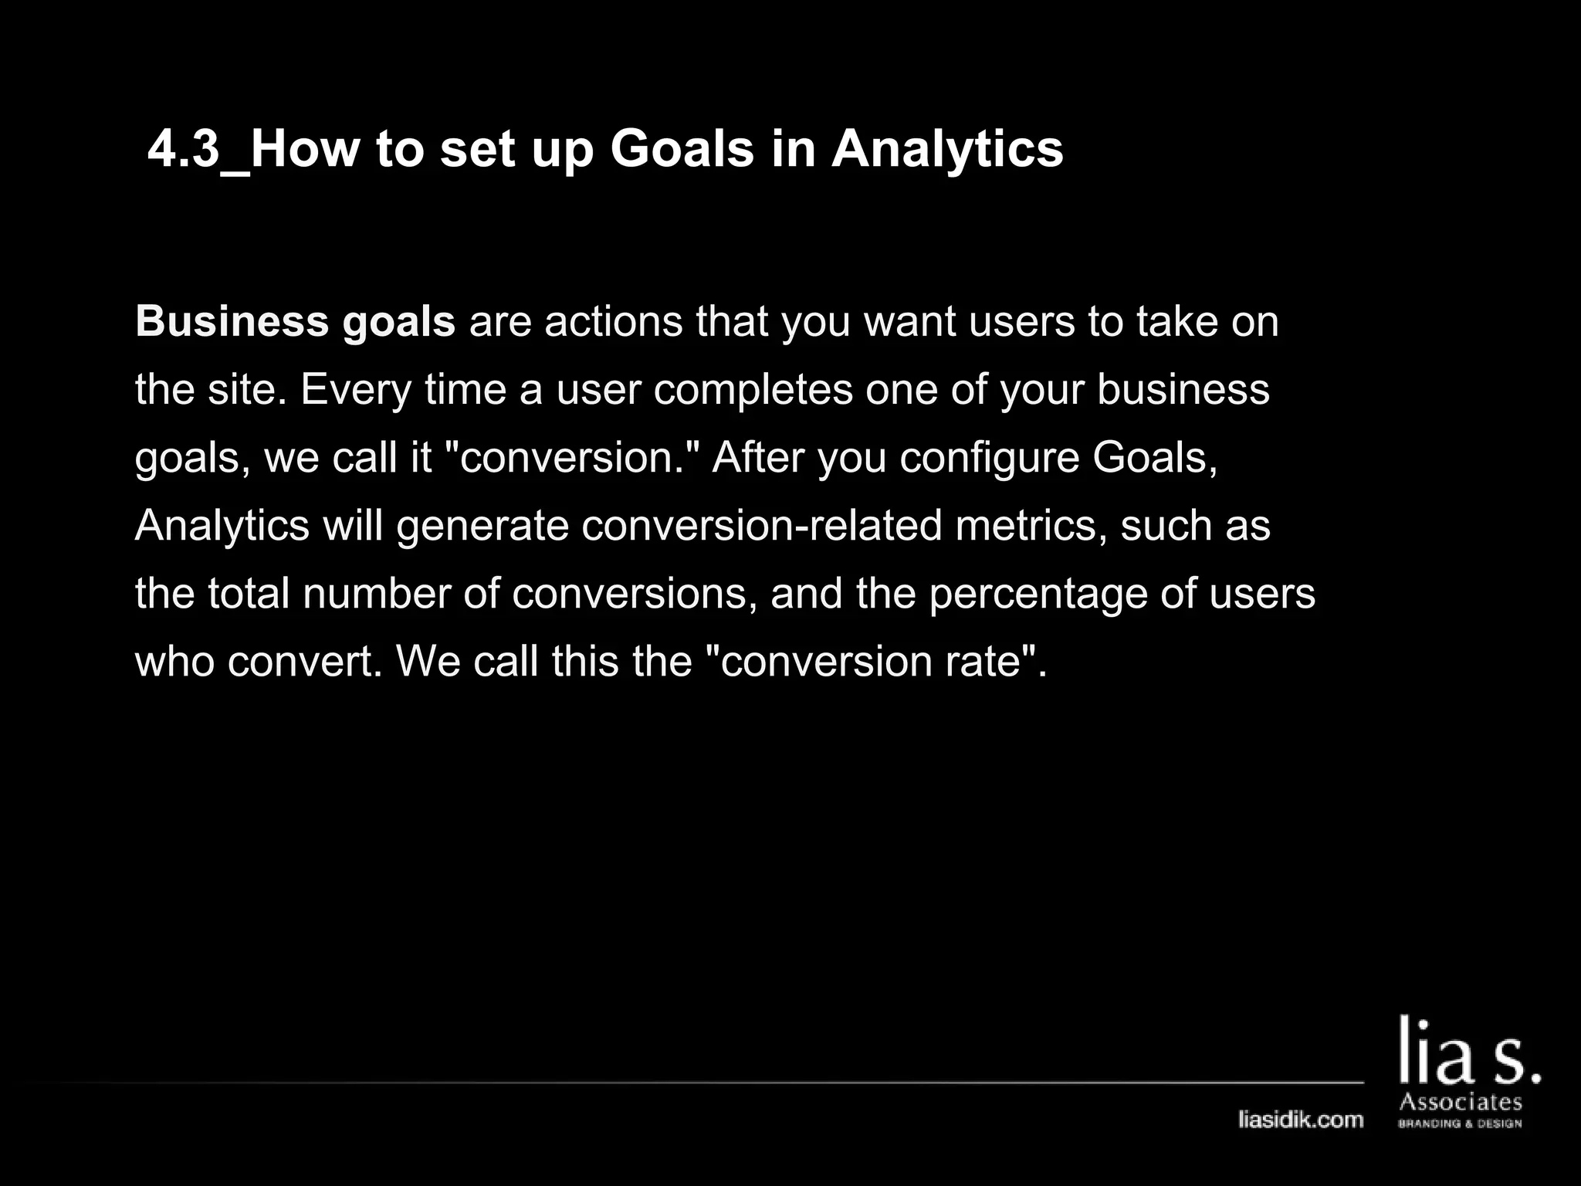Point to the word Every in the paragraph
click(356, 390)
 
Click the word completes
click(753, 390)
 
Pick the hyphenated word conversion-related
click(762, 525)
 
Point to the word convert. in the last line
click(305, 662)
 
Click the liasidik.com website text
click(1301, 1120)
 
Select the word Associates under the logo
click(1461, 1102)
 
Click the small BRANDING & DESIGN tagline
click(1460, 1123)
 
